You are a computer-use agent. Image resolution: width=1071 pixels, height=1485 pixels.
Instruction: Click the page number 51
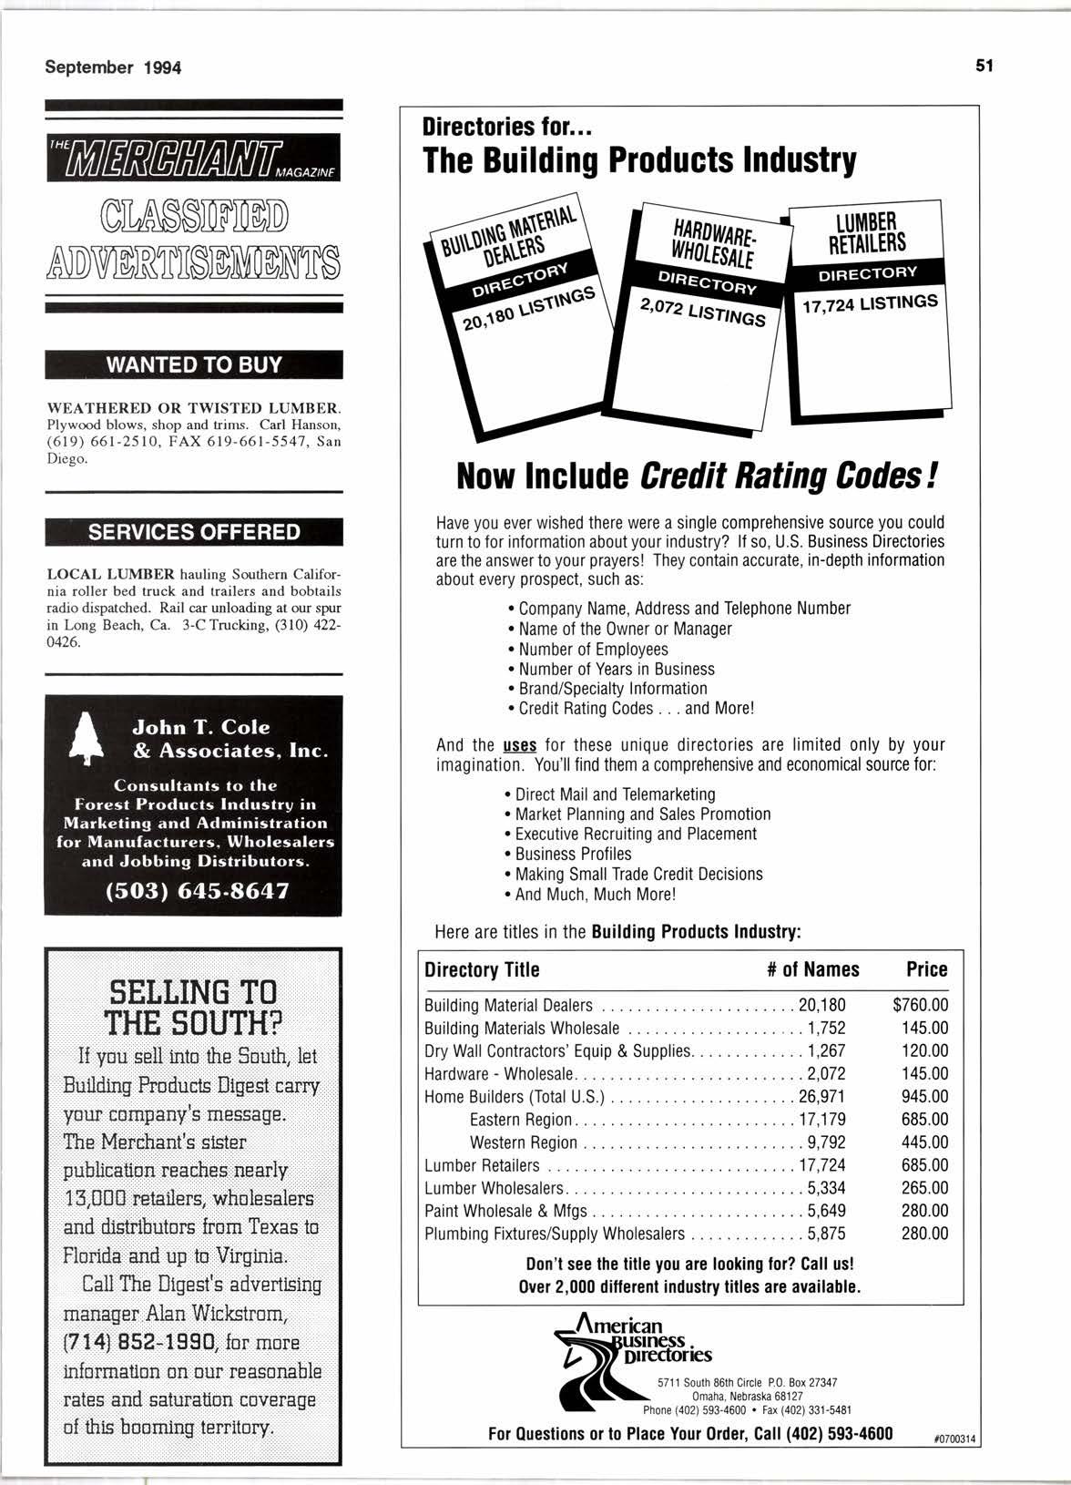click(x=984, y=66)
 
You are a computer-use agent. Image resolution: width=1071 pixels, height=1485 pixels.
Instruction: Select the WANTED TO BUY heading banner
click(x=194, y=365)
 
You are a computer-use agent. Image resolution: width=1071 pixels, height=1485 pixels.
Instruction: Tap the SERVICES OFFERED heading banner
click(x=194, y=532)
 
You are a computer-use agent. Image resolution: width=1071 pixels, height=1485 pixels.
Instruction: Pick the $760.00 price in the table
click(x=921, y=1006)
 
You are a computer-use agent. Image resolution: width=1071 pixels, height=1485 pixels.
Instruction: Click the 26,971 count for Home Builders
click(x=822, y=1097)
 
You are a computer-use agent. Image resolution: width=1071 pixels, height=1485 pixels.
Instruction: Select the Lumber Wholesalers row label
click(x=495, y=1188)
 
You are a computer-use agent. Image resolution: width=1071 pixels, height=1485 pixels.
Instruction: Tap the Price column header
click(x=926, y=969)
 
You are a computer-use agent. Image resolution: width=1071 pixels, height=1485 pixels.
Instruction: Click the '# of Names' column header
click(x=812, y=969)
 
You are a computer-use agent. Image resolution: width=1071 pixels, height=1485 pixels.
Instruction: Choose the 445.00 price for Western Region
click(x=925, y=1142)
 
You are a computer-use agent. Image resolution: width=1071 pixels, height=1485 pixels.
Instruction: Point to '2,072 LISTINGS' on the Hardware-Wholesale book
click(x=702, y=312)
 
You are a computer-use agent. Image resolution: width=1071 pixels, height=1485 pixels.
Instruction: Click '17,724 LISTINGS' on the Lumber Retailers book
click(x=869, y=303)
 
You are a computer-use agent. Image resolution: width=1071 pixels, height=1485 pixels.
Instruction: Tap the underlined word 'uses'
click(x=519, y=745)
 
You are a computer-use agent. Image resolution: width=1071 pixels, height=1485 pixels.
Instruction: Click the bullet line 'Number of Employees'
click(x=593, y=649)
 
